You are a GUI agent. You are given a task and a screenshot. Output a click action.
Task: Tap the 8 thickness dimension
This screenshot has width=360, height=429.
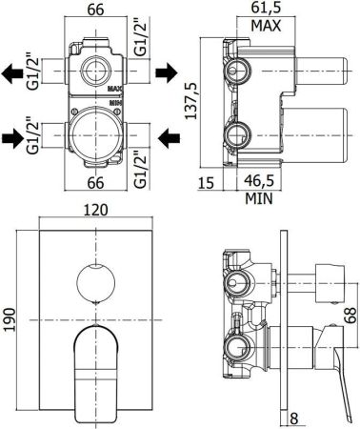click(x=297, y=417)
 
